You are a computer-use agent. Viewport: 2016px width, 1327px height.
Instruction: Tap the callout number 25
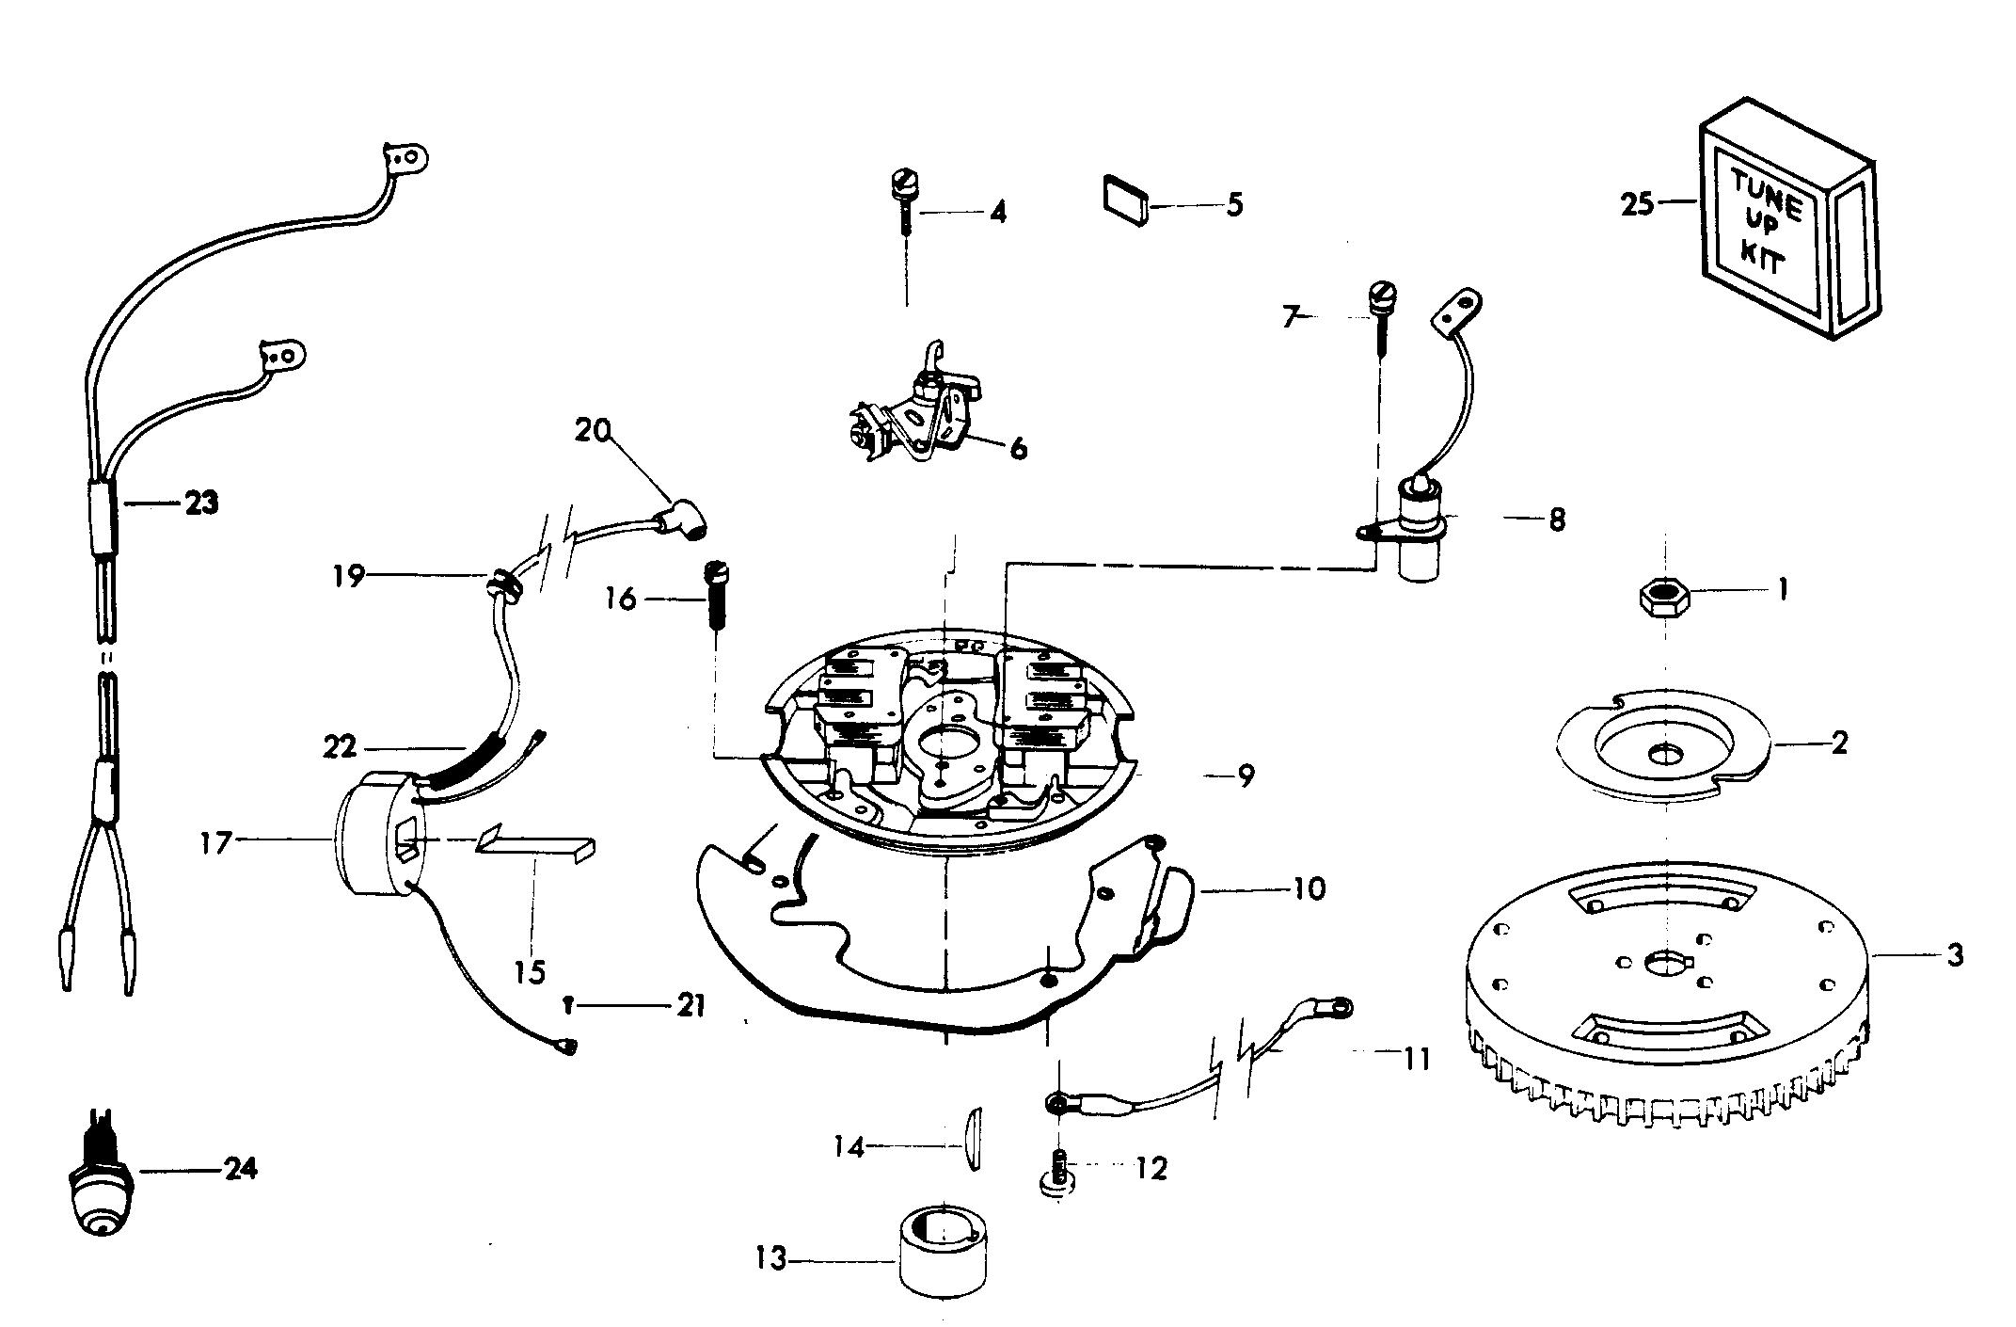1637,203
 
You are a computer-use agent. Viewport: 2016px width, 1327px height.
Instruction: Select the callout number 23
200,504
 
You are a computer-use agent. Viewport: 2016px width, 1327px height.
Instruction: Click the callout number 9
1245,776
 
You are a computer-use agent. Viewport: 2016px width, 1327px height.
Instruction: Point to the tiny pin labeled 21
570,1006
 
